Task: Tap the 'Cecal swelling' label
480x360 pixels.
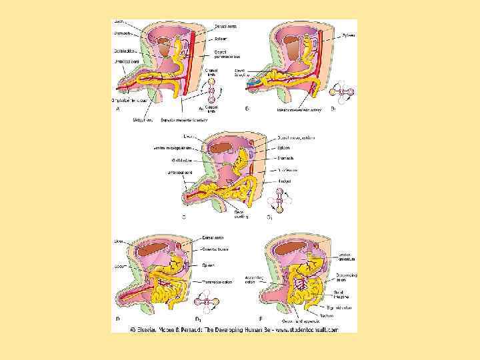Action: pyautogui.click(x=241, y=213)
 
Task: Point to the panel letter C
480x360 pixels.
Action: pyautogui.click(x=183, y=217)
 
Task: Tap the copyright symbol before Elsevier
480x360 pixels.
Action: pyautogui.click(x=133, y=329)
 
